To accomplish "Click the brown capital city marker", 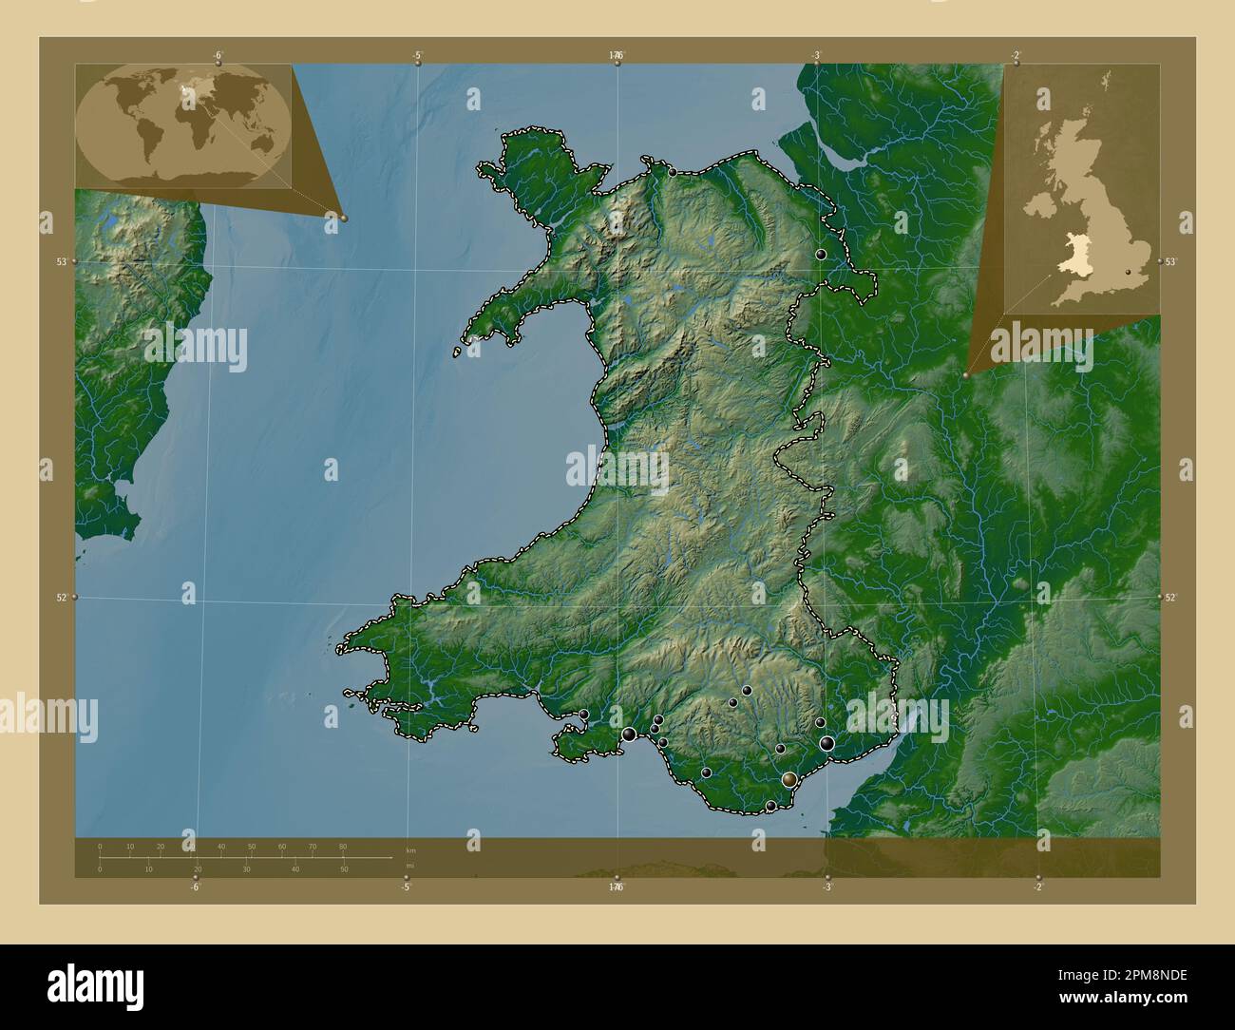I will (x=789, y=780).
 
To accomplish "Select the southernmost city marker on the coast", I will (x=770, y=807).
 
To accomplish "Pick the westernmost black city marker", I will (x=584, y=715).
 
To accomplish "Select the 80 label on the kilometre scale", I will (x=342, y=846).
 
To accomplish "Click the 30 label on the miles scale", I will (x=246, y=869).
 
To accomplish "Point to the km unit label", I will (x=410, y=849).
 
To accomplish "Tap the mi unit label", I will (x=409, y=866).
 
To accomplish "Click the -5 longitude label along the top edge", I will (x=418, y=56).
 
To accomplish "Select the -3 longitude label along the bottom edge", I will (x=827, y=887).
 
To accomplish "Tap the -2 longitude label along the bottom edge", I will (x=1037, y=887).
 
